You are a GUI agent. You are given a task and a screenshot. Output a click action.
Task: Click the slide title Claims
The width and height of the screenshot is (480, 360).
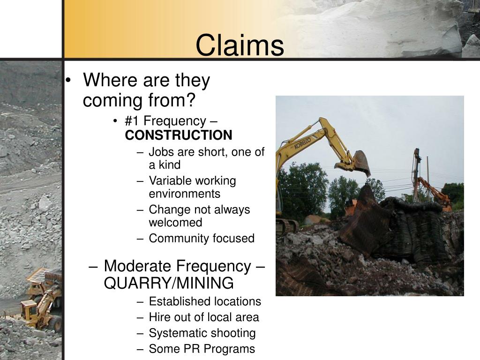click(240, 46)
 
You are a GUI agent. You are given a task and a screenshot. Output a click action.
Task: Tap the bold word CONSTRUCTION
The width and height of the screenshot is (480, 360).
click(179, 135)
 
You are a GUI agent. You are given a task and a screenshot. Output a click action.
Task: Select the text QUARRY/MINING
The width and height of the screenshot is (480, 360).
click(169, 283)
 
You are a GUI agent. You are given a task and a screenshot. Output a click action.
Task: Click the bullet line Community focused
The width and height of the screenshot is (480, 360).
click(202, 239)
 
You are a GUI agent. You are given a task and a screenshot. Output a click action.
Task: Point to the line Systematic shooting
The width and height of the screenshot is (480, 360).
click(202, 333)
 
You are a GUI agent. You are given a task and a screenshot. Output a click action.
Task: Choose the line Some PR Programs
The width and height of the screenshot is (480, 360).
click(202, 349)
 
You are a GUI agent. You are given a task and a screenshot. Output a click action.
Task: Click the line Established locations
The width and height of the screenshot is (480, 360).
click(205, 301)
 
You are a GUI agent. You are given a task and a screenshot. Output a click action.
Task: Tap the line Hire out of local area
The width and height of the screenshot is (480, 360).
click(204, 317)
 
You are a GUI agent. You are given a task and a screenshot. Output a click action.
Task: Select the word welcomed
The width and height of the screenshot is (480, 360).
click(175, 223)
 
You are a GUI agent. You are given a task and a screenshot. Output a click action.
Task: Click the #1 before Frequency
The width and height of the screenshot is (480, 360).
click(130, 121)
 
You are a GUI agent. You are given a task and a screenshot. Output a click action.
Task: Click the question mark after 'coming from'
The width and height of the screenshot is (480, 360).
click(190, 100)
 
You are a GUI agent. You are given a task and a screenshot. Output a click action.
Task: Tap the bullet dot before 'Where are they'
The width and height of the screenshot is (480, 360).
click(69, 81)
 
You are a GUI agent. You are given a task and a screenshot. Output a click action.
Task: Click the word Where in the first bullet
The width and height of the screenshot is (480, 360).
click(106, 81)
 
